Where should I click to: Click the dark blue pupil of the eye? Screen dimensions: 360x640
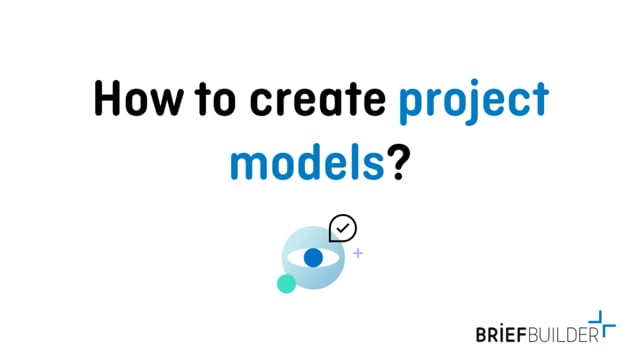[x=313, y=257]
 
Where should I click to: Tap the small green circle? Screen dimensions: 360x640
[x=286, y=283]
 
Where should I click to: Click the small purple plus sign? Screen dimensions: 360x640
[x=358, y=253]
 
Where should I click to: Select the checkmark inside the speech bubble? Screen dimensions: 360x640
[x=343, y=228]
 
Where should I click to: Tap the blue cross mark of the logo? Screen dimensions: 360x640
[x=603, y=323]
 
